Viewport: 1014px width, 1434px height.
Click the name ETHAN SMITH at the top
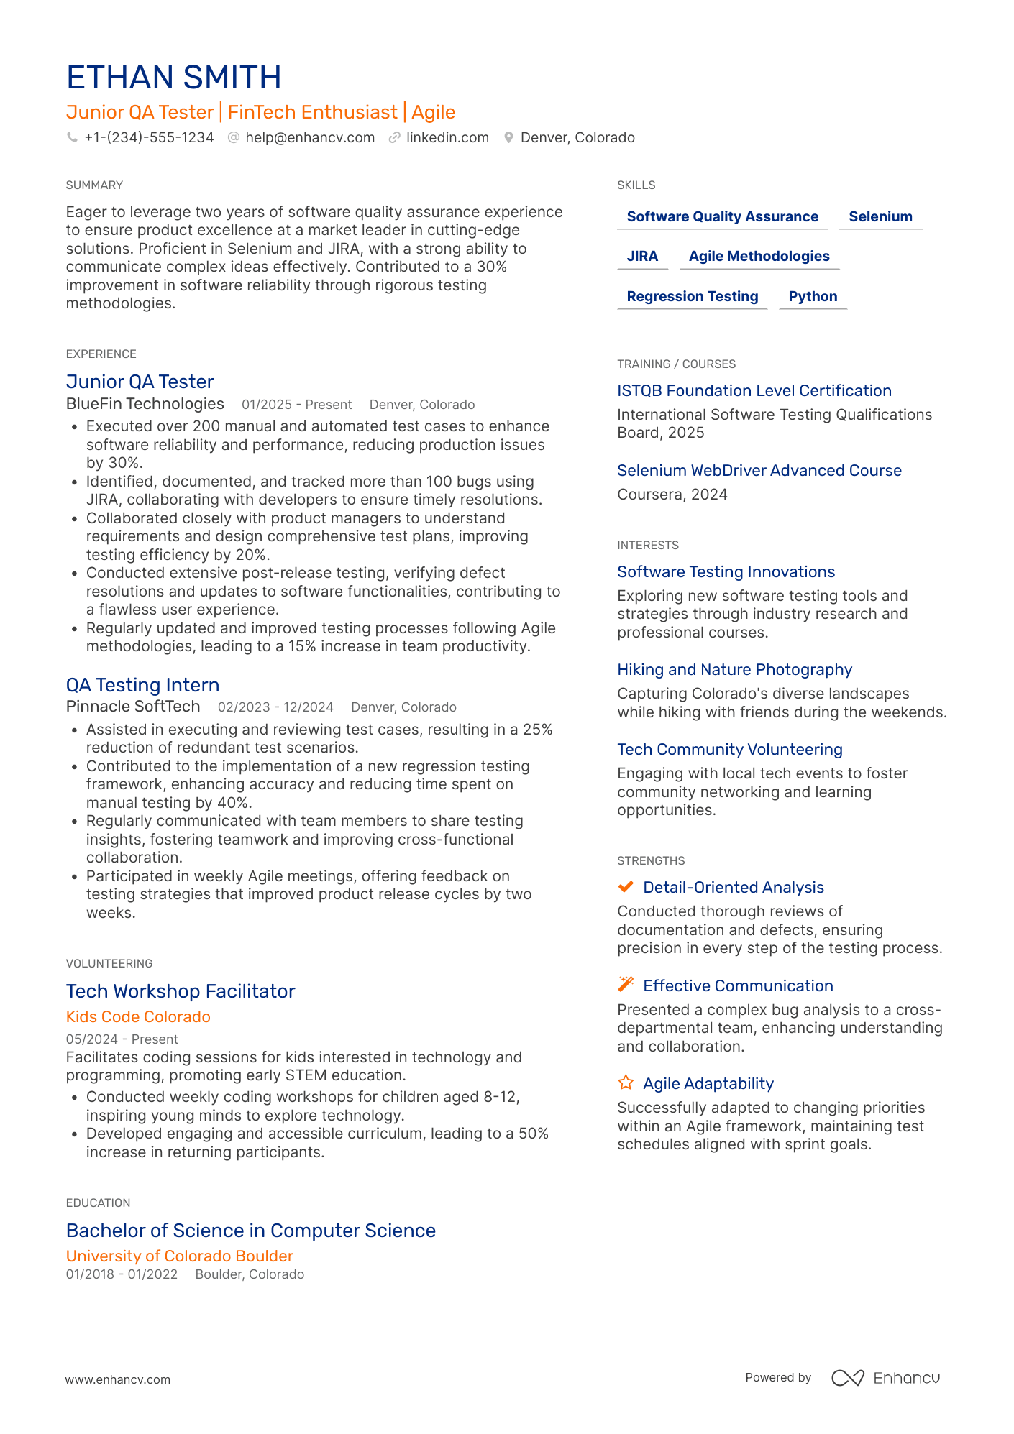click(173, 78)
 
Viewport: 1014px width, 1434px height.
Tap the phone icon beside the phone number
click(72, 137)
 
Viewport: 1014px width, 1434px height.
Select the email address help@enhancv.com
click(309, 137)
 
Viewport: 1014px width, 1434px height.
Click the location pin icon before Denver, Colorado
click(508, 137)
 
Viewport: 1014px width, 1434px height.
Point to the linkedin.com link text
click(447, 137)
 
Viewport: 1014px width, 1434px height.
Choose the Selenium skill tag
click(880, 216)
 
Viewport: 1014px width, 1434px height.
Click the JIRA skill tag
click(642, 256)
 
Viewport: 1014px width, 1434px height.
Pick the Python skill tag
click(812, 296)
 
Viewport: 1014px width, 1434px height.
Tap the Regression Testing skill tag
click(692, 296)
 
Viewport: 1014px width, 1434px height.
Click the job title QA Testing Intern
click(142, 685)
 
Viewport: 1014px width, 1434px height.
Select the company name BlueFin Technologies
click(145, 404)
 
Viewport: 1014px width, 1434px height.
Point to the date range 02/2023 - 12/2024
click(275, 707)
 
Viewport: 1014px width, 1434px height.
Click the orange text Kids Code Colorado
click(138, 1016)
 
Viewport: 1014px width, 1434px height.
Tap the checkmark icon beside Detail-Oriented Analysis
click(626, 887)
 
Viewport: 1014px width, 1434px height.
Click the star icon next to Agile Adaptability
click(626, 1083)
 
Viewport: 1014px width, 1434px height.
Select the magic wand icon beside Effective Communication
click(626, 984)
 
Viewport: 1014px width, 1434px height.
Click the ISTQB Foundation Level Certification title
click(754, 390)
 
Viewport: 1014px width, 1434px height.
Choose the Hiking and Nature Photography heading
click(734, 669)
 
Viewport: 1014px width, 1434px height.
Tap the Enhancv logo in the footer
click(885, 1378)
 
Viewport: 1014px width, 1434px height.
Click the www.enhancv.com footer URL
click(118, 1379)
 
